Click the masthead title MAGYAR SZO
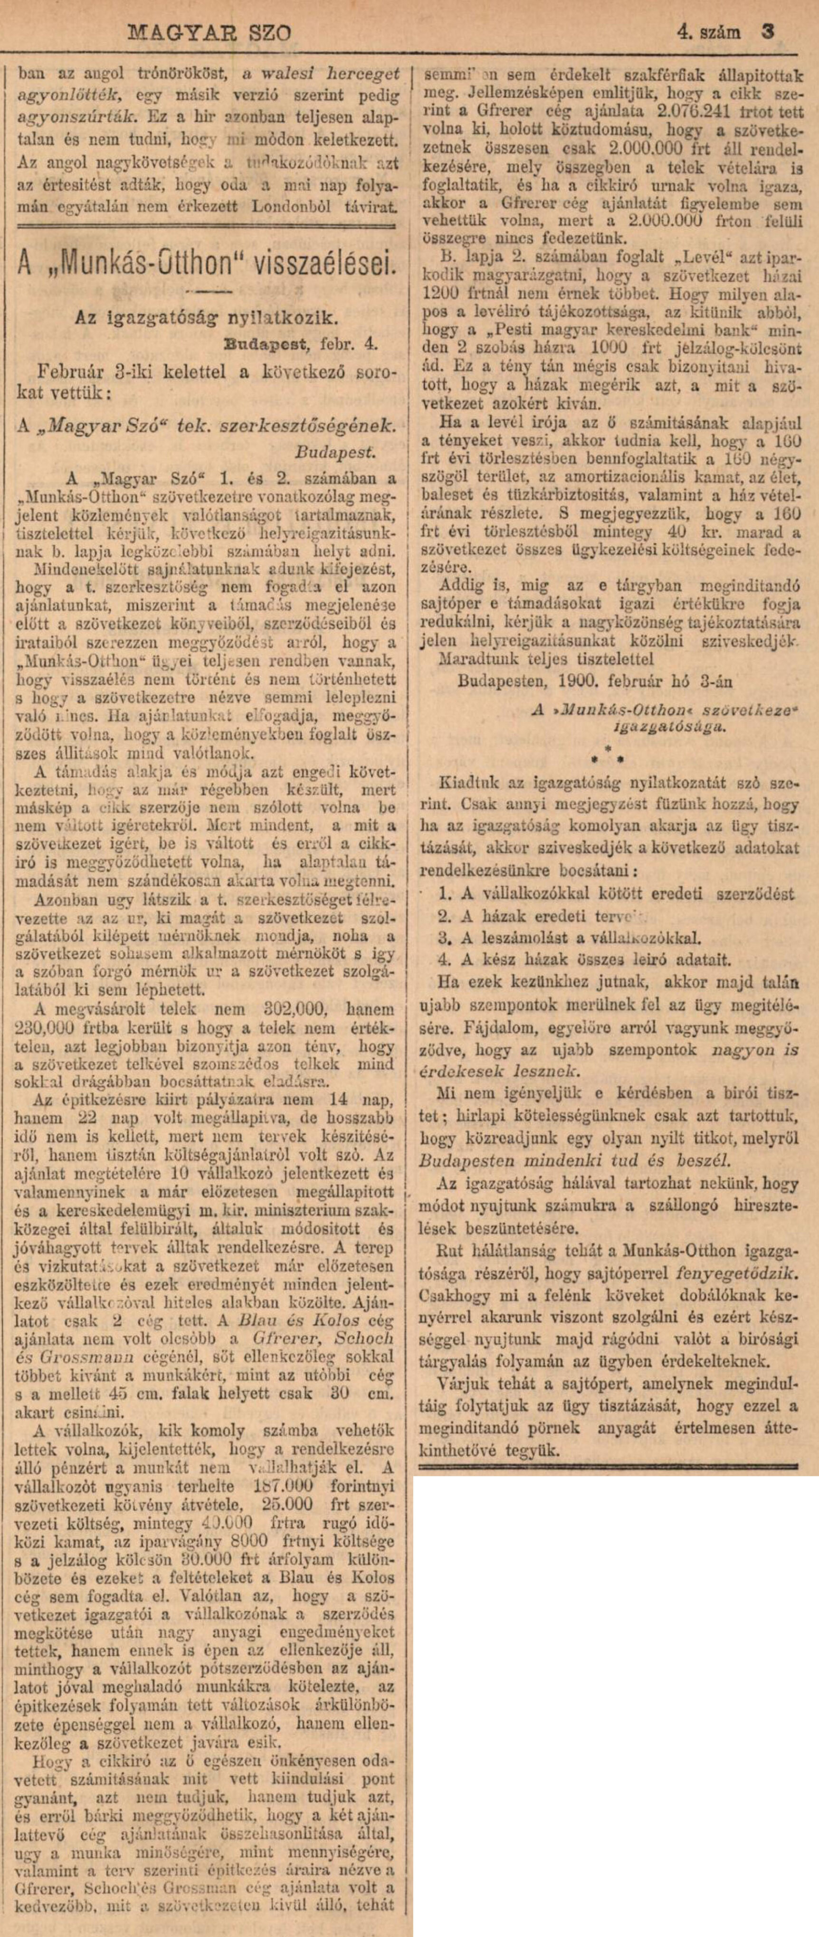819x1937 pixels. point(210,34)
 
